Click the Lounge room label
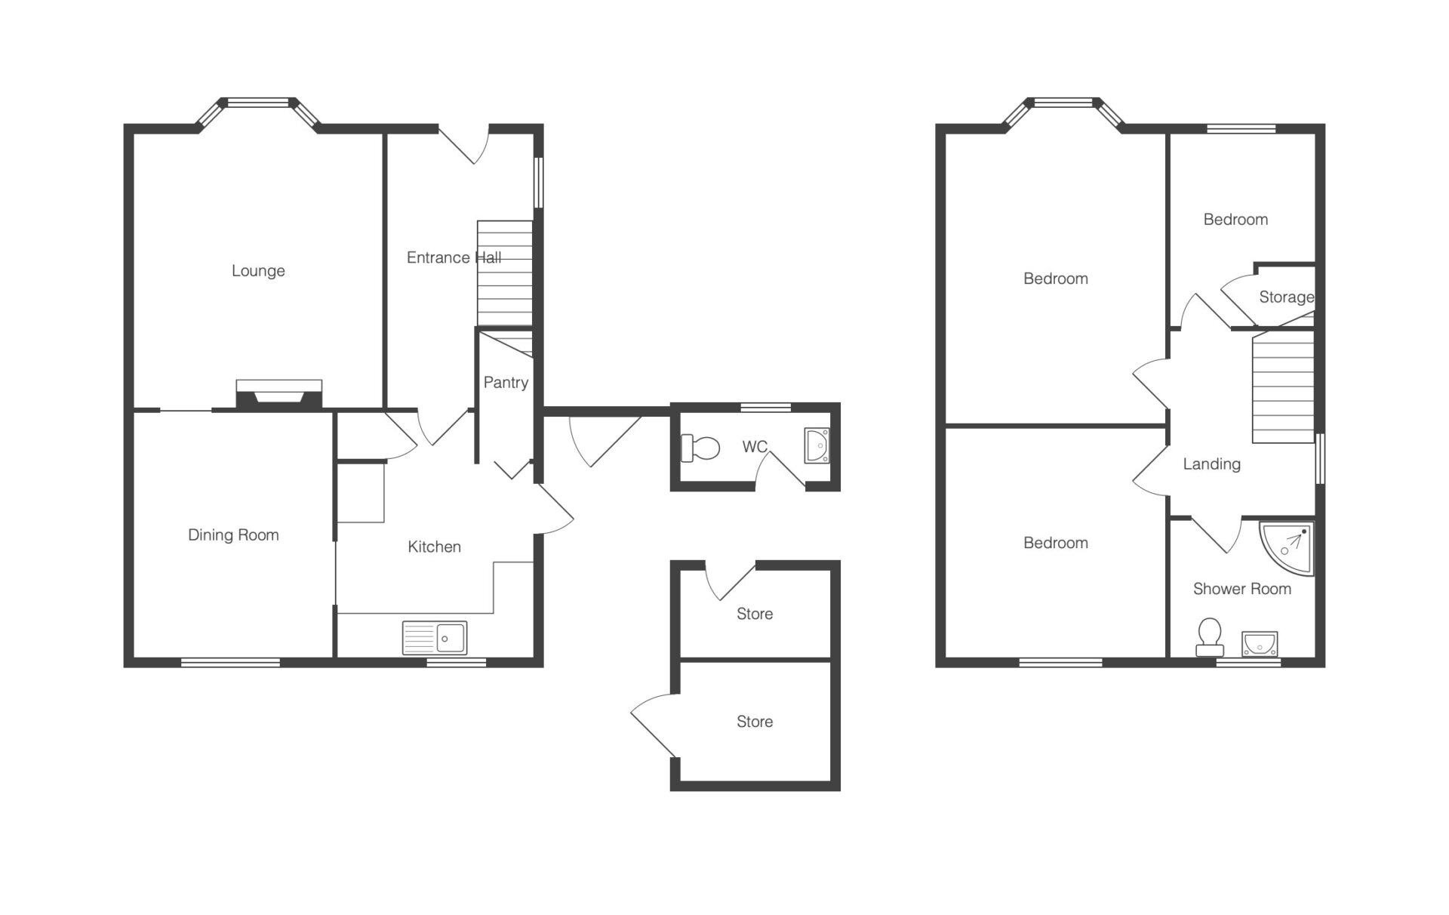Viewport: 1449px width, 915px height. pos(258,271)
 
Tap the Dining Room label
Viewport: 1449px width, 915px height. pos(233,535)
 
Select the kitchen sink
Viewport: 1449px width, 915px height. pos(435,638)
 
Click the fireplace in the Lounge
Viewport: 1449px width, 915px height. pos(279,395)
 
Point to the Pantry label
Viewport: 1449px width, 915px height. pos(506,383)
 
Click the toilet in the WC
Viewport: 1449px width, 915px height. pos(700,448)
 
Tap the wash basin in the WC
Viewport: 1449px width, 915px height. pos(817,445)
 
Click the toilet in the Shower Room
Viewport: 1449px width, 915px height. pos(1210,637)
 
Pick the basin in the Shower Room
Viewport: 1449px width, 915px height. pos(1260,643)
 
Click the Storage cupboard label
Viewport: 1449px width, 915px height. pos(1287,297)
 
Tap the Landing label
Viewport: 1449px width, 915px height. pos(1211,464)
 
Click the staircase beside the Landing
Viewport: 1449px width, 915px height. pos(1283,387)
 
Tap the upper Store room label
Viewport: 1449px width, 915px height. pos(755,615)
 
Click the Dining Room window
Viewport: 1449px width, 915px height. pos(230,663)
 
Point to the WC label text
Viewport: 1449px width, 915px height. pos(755,447)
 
